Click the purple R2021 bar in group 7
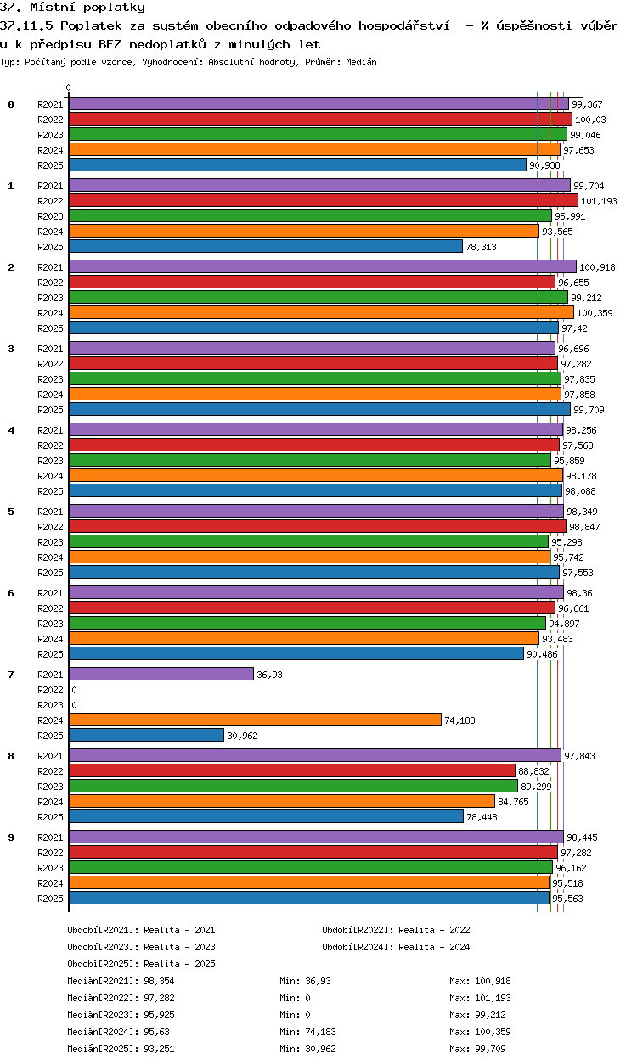pyautogui.click(x=161, y=674)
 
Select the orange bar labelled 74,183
pyautogui.click(x=255, y=720)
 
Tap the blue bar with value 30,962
pyautogui.click(x=146, y=735)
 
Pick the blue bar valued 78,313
pyautogui.click(x=265, y=246)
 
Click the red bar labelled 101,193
pyautogui.click(x=323, y=200)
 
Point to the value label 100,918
pyautogui.click(x=597, y=267)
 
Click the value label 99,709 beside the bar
pyautogui.click(x=589, y=410)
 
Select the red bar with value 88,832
pyautogui.click(x=291, y=770)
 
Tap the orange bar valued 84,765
pyautogui.click(x=281, y=801)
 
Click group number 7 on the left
pyautogui.click(x=11, y=675)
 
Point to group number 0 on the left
pyautogui.click(x=11, y=104)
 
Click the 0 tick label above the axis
pyautogui.click(x=69, y=87)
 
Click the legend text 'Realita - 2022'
pyautogui.click(x=433, y=930)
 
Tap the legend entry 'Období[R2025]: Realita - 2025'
pyautogui.click(x=141, y=964)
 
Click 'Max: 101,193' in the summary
pyautogui.click(x=480, y=998)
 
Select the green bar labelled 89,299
pyautogui.click(x=293, y=786)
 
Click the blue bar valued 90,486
pyautogui.click(x=296, y=653)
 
